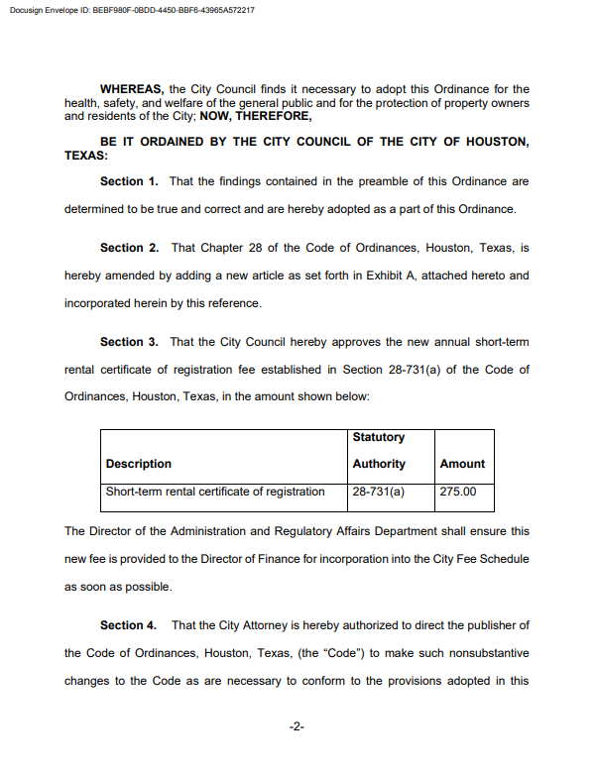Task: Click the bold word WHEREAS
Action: coord(132,89)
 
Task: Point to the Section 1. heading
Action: coord(129,181)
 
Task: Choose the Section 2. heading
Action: coord(129,248)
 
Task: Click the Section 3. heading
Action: coord(129,342)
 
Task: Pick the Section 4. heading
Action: coord(129,625)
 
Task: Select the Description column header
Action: coord(139,464)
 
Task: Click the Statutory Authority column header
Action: coord(379,450)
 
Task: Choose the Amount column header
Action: coord(462,464)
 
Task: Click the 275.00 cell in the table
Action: coord(457,492)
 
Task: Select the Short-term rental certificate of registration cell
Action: coord(215,492)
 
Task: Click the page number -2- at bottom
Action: coord(297,727)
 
